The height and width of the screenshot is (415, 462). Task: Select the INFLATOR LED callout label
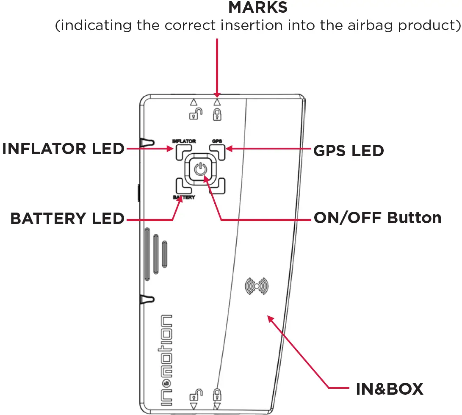click(x=63, y=149)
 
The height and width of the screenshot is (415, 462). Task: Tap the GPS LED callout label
click(x=349, y=150)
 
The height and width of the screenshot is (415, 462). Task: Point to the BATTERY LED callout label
click(x=67, y=219)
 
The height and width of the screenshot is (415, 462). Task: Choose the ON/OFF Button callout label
click(x=377, y=218)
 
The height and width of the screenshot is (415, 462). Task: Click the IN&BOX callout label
click(x=389, y=389)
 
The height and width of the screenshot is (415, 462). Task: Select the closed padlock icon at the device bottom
click(x=217, y=394)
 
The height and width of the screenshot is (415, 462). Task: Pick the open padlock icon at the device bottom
click(x=196, y=395)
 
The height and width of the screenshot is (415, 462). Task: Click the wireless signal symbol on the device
click(x=257, y=286)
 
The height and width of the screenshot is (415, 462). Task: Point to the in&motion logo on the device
click(x=166, y=362)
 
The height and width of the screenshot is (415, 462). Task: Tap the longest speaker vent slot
click(x=147, y=254)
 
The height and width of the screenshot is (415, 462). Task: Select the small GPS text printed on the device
click(x=217, y=141)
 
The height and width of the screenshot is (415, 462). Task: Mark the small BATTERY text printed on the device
click(x=184, y=198)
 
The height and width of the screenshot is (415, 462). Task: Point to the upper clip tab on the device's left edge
click(x=147, y=141)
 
